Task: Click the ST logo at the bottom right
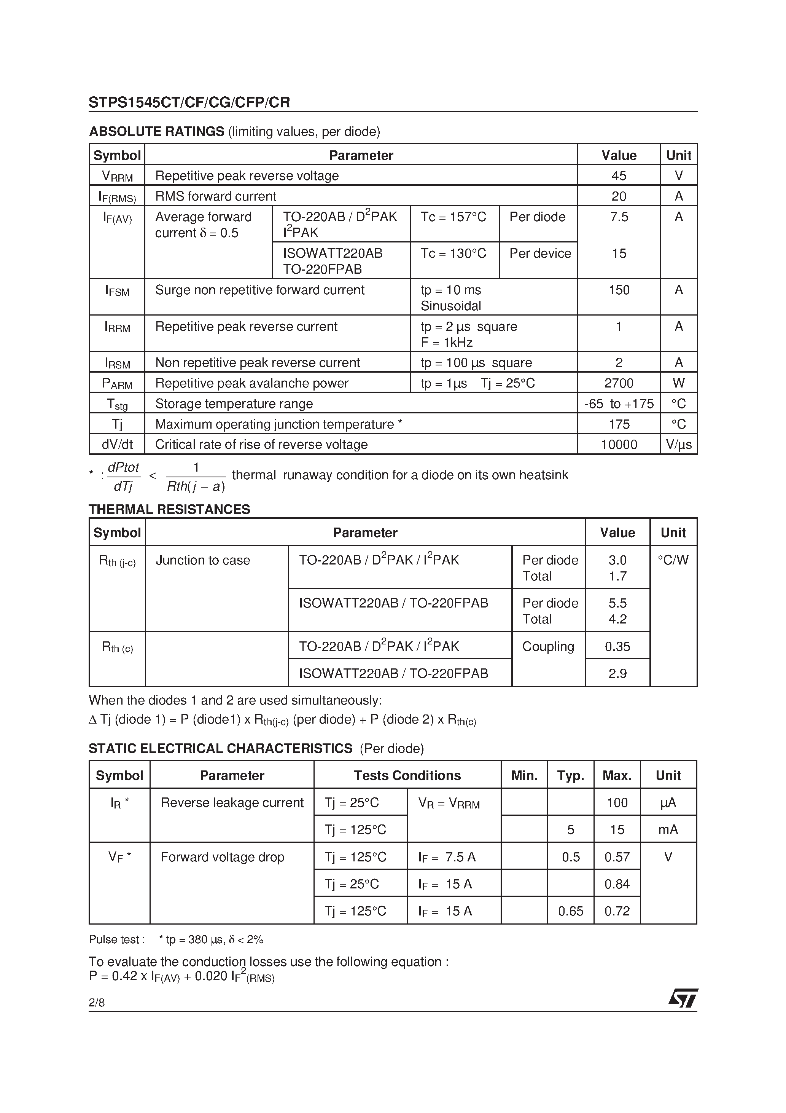click(683, 998)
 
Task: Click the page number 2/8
click(96, 1003)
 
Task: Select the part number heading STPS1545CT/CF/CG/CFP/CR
click(189, 102)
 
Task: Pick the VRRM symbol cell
click(117, 176)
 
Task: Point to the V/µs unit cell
click(678, 445)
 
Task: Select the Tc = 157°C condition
click(453, 217)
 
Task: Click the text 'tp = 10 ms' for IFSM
click(451, 290)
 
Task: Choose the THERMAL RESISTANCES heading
click(169, 509)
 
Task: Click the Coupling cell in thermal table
click(548, 646)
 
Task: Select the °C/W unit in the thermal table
click(673, 560)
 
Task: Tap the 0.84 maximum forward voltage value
click(617, 884)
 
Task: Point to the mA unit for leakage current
click(668, 829)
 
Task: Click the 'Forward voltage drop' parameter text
click(223, 857)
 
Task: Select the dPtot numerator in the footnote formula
click(123, 467)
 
